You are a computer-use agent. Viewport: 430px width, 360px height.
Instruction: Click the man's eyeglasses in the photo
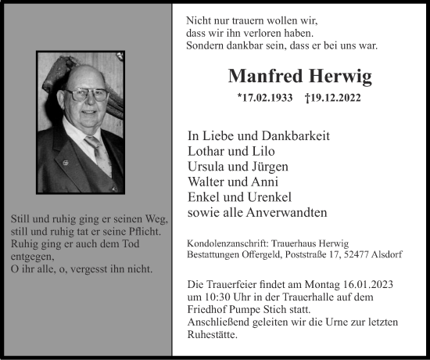pos(88,94)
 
